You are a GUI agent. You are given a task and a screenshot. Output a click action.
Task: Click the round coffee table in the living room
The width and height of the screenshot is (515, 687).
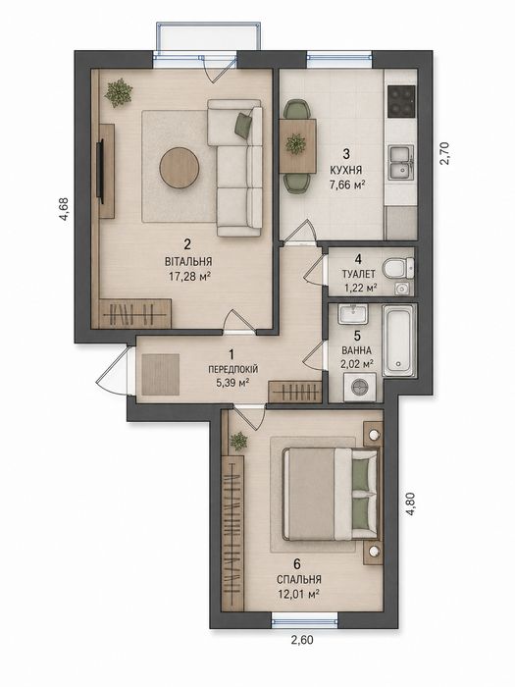[x=180, y=168]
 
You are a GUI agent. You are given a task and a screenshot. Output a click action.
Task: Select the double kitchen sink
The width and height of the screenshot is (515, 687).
[x=401, y=163]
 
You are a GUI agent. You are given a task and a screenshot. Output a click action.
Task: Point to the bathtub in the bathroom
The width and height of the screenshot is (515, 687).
[x=398, y=341]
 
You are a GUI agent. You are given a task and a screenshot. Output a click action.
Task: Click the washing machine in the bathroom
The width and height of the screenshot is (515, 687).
[x=360, y=387]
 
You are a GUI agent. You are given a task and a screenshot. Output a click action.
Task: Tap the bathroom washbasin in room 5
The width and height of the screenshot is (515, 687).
[x=352, y=315]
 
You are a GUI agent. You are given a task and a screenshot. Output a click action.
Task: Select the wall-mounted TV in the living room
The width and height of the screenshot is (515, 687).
[x=101, y=172]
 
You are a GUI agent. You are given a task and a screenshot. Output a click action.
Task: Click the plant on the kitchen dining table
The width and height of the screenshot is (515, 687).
[x=296, y=144]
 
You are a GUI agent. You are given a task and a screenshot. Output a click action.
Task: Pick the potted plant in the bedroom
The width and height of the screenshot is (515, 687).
[x=238, y=442]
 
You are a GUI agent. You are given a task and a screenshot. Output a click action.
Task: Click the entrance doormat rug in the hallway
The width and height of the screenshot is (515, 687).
[x=161, y=374]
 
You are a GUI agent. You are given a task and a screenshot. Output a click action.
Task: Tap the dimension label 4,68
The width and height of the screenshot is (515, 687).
[x=64, y=209]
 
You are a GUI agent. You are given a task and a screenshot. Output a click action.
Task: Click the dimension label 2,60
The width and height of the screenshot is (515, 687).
[x=302, y=640]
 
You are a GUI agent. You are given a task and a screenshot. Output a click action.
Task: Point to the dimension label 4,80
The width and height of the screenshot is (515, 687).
[x=410, y=503]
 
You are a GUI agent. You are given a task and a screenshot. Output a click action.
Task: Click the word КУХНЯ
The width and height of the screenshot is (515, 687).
[x=346, y=170]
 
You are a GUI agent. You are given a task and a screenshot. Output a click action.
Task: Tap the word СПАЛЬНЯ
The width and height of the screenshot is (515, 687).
[x=299, y=579]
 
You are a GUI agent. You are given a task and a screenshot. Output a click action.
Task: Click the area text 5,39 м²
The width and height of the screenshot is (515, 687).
[x=232, y=383]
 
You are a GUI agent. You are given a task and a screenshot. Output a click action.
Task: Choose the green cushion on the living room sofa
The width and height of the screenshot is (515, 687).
[x=243, y=125]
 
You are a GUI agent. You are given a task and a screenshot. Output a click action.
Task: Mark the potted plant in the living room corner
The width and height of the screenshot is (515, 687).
[x=119, y=92]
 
